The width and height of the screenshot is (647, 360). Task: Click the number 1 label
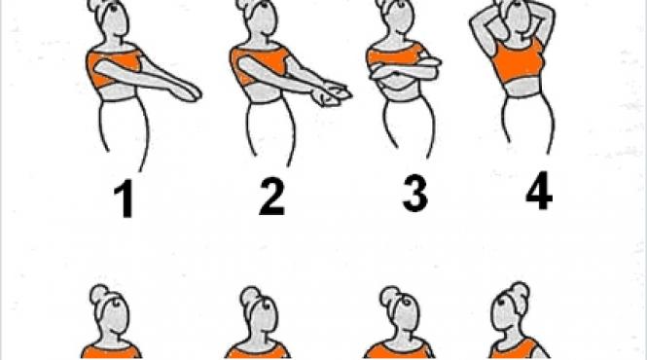pos(123,199)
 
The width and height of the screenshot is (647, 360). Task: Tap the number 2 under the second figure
pos(271,198)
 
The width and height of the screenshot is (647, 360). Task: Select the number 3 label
pos(414,195)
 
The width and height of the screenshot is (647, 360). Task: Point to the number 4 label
pos(537,192)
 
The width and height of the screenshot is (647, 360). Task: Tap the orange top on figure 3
pos(399,60)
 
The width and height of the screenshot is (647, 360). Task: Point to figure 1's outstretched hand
pos(189,91)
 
